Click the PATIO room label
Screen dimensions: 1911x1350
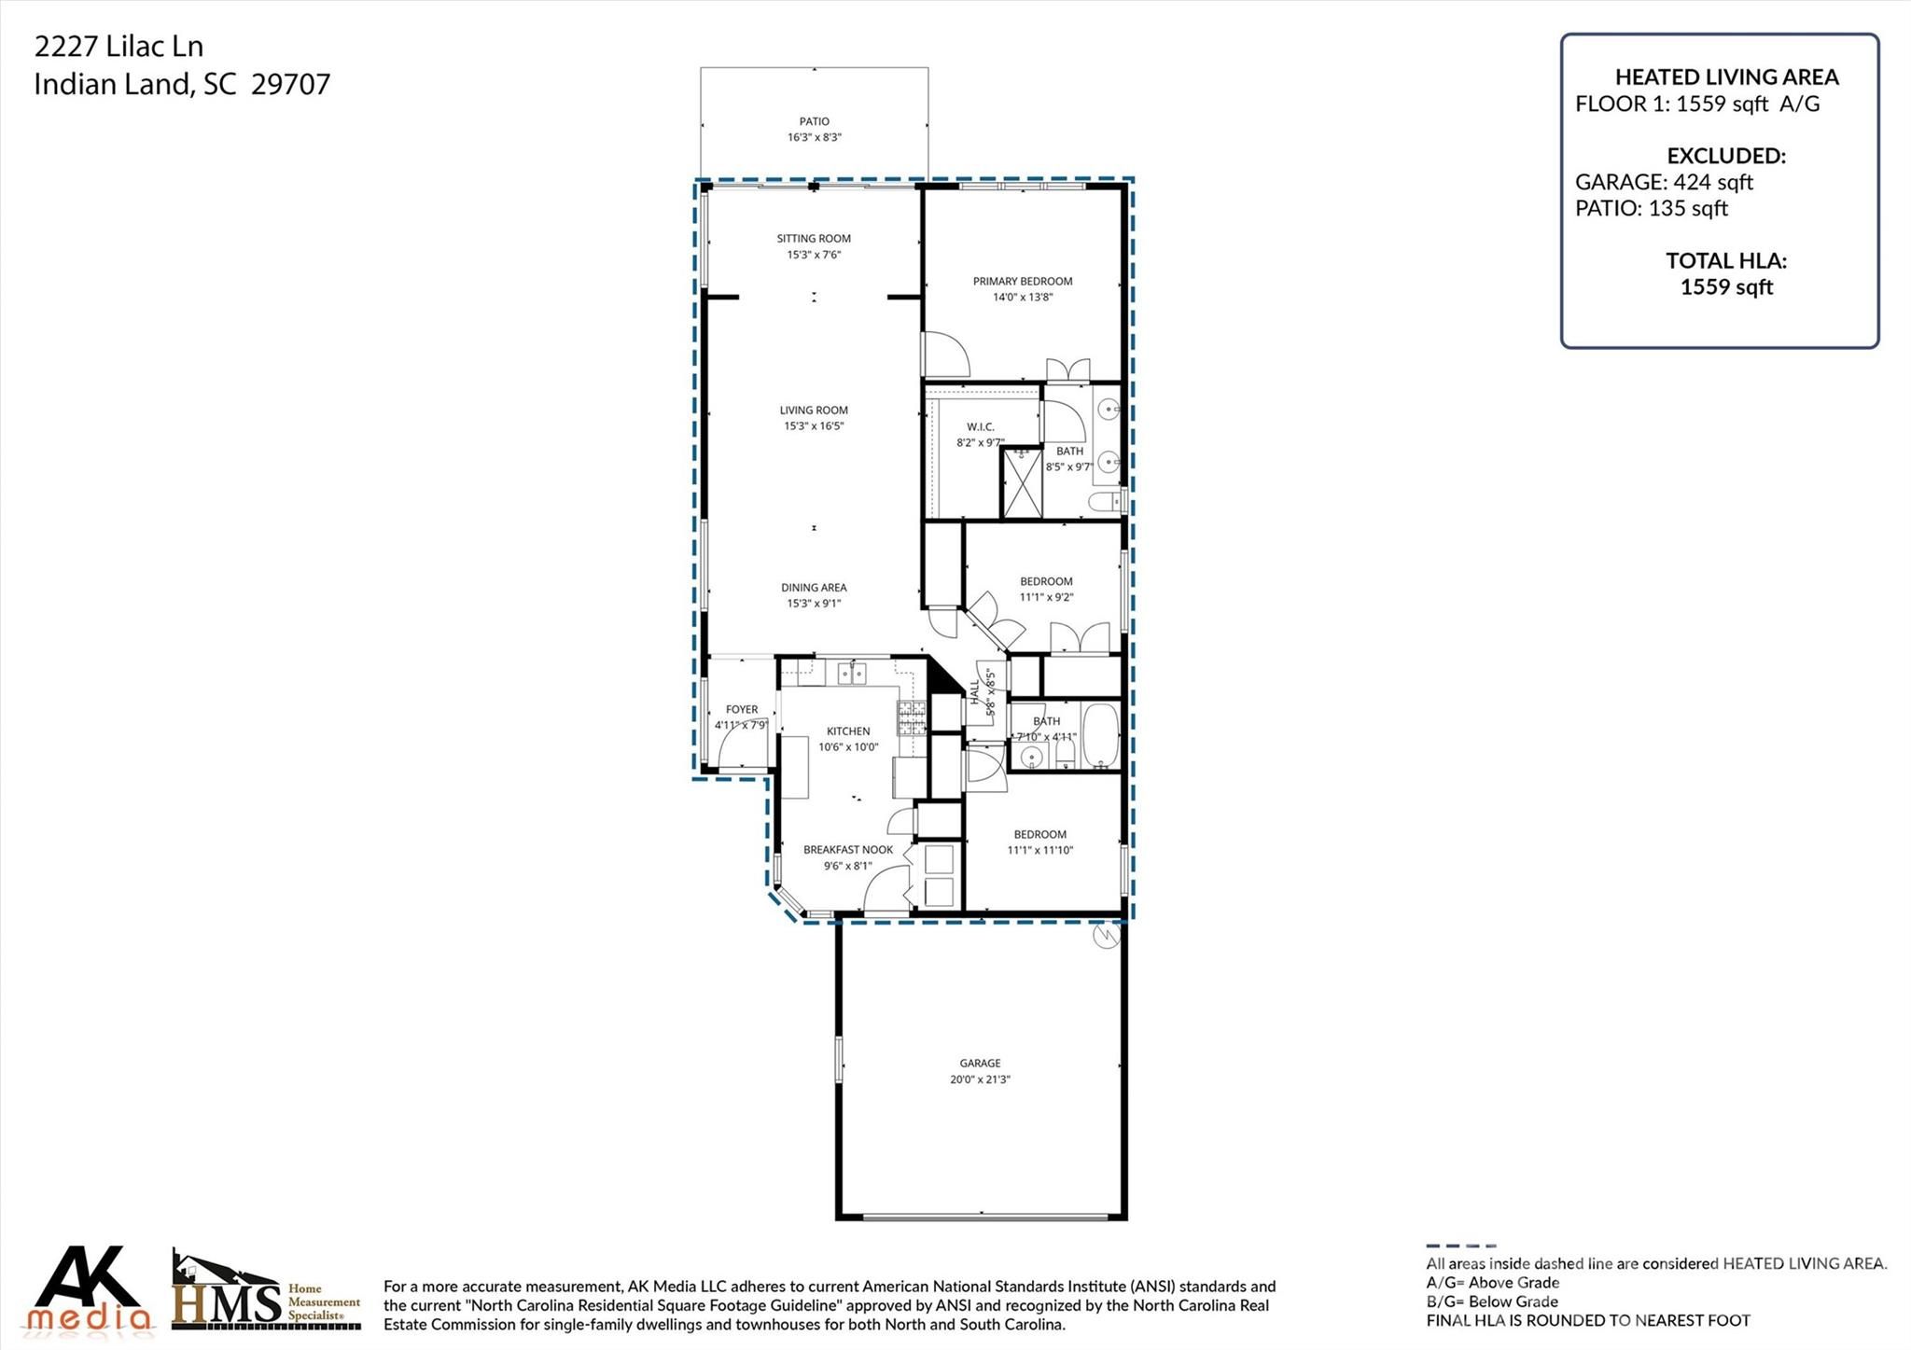814,121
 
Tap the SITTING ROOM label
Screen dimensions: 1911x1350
814,239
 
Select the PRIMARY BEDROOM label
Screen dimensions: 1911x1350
1023,281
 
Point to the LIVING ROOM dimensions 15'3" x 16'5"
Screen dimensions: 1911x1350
814,426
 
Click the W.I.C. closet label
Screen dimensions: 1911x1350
981,427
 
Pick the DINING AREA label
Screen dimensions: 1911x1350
814,588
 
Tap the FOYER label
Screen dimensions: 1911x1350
742,710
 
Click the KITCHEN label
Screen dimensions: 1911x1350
848,731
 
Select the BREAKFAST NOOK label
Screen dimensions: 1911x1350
848,850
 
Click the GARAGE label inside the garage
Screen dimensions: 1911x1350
980,1064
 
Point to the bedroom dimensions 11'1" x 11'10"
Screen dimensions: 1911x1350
1040,851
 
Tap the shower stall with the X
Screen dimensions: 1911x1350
1022,482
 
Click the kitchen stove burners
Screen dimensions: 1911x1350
912,717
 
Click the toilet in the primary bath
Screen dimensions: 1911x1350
1107,502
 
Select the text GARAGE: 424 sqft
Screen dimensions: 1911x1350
1664,182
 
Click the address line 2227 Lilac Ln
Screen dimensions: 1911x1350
119,47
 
